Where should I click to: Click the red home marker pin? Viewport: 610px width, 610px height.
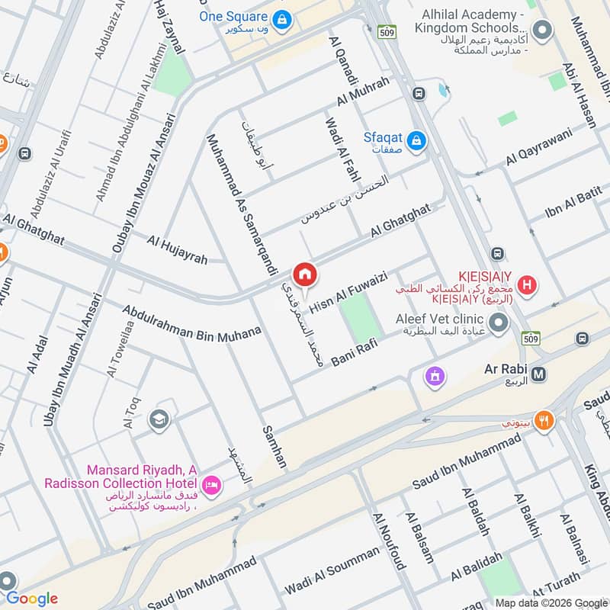[x=304, y=274]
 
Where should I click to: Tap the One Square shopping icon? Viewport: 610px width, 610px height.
[x=281, y=19]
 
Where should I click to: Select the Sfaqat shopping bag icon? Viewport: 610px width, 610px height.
[x=416, y=140]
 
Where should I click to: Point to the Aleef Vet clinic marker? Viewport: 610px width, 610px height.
[x=499, y=325]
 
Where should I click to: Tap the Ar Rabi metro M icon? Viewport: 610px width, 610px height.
[x=539, y=374]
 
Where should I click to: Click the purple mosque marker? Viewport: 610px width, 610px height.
[x=435, y=376]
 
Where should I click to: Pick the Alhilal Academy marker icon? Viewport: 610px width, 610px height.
[x=542, y=30]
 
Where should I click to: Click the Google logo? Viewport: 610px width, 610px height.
[x=31, y=599]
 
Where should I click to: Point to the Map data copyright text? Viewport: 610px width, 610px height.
[x=550, y=602]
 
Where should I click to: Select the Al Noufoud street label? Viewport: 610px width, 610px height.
[x=388, y=541]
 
